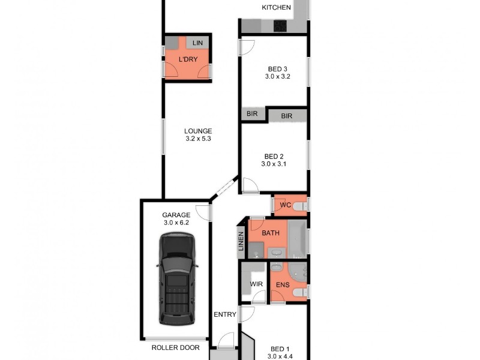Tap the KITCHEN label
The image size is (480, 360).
pos(276,8)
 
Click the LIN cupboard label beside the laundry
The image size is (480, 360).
pos(197,43)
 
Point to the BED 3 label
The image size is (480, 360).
pos(277,68)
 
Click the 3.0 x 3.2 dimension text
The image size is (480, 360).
pos(277,77)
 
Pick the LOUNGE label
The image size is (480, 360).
pos(198,131)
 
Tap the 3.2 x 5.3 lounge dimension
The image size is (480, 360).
pos(198,139)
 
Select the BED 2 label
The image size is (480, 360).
pos(274,155)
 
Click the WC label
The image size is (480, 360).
pos(286,205)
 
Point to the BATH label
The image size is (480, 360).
pos(270,233)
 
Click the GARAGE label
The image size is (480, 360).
pos(176,215)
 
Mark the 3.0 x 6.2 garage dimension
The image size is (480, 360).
pos(176,223)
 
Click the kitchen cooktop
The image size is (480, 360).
pos(281,26)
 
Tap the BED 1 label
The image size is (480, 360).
pos(280,349)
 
